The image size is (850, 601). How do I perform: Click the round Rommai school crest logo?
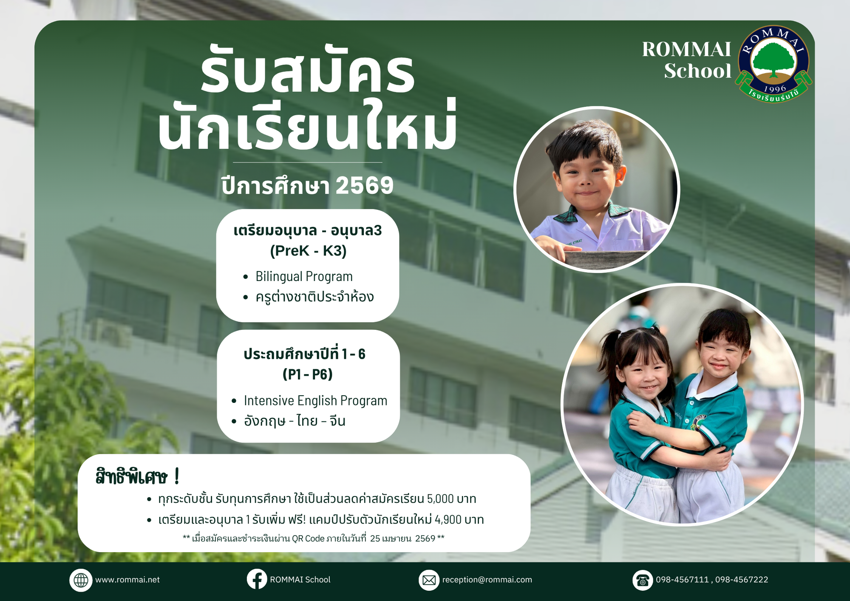click(x=774, y=64)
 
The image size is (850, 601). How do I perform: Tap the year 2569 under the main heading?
click(x=365, y=186)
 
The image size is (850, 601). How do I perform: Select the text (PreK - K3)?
click(x=308, y=251)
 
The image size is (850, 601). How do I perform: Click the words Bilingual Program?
click(x=304, y=276)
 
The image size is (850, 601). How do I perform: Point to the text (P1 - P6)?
click(x=308, y=374)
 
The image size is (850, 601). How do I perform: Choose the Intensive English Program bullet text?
click(x=315, y=400)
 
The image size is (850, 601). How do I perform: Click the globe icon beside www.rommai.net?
click(x=81, y=580)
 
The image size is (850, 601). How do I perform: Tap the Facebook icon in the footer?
click(x=257, y=579)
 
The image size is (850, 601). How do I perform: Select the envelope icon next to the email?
click(x=429, y=580)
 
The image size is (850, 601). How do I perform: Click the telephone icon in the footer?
click(x=643, y=580)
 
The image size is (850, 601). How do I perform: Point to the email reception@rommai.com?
click(x=487, y=580)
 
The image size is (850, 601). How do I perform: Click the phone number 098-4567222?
click(x=742, y=580)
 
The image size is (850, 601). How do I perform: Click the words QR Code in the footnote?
click(x=308, y=539)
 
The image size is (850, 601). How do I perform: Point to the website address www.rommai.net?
click(x=127, y=580)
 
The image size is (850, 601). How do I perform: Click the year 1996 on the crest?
click(x=775, y=89)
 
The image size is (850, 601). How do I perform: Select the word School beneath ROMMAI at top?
click(x=698, y=71)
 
